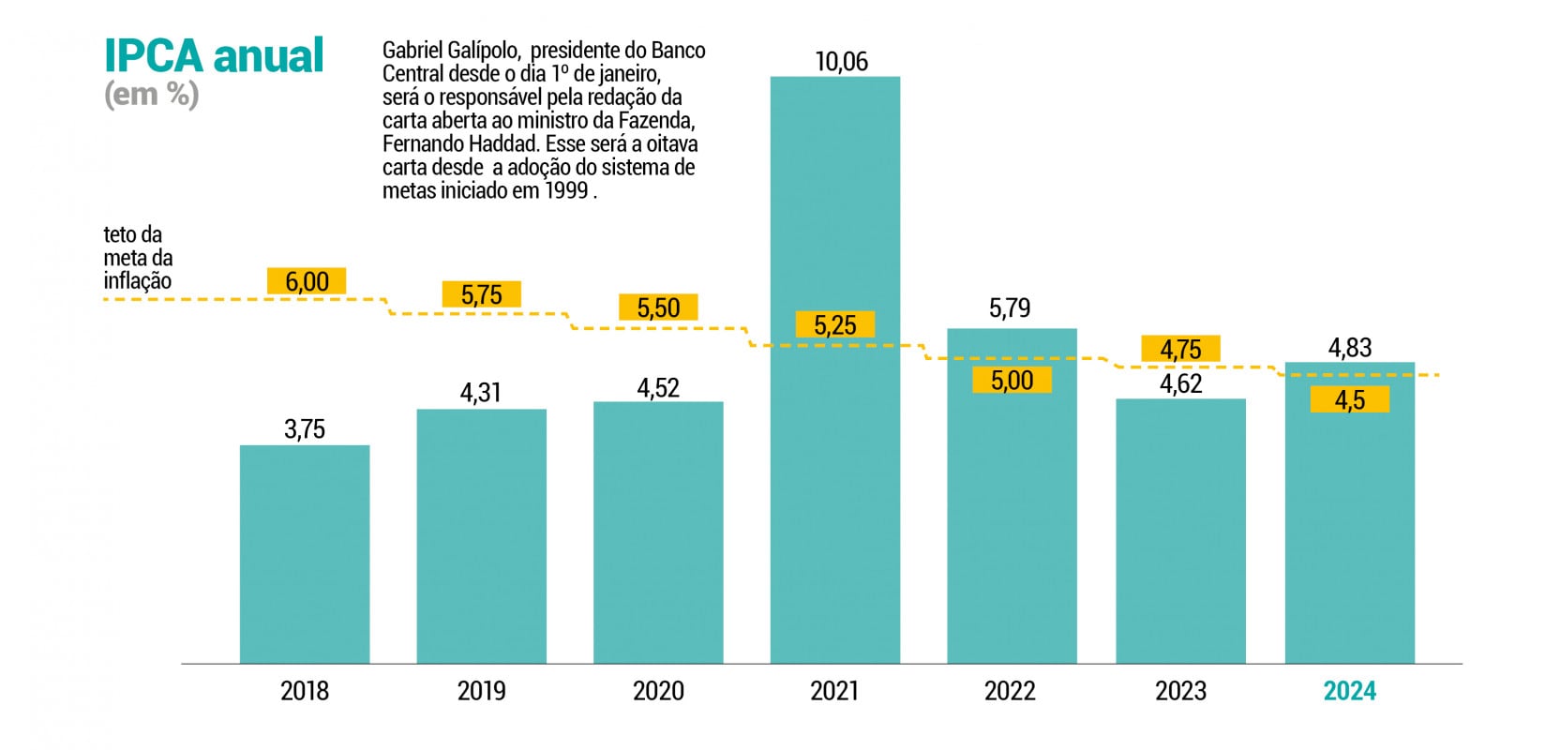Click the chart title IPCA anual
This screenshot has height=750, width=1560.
[214, 56]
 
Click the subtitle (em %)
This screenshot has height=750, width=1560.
[151, 95]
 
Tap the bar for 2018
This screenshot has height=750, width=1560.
[305, 553]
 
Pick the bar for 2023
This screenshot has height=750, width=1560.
[1180, 534]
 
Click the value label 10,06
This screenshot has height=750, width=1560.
[841, 62]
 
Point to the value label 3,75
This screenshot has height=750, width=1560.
[305, 429]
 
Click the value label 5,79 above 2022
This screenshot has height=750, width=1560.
[1010, 308]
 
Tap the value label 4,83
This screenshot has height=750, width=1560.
[1349, 348]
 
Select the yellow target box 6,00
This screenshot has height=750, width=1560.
[307, 281]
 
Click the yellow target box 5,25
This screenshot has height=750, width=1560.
[834, 325]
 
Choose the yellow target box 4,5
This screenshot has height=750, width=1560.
[1349, 400]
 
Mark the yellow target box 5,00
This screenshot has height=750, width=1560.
[1012, 380]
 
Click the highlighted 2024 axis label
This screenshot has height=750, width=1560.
[1349, 691]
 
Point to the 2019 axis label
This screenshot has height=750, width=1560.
[481, 691]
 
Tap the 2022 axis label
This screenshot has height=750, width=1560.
[1010, 691]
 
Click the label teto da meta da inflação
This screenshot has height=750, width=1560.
[138, 258]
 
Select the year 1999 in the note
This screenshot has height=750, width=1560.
[566, 190]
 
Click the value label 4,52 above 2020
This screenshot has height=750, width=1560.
[658, 388]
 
